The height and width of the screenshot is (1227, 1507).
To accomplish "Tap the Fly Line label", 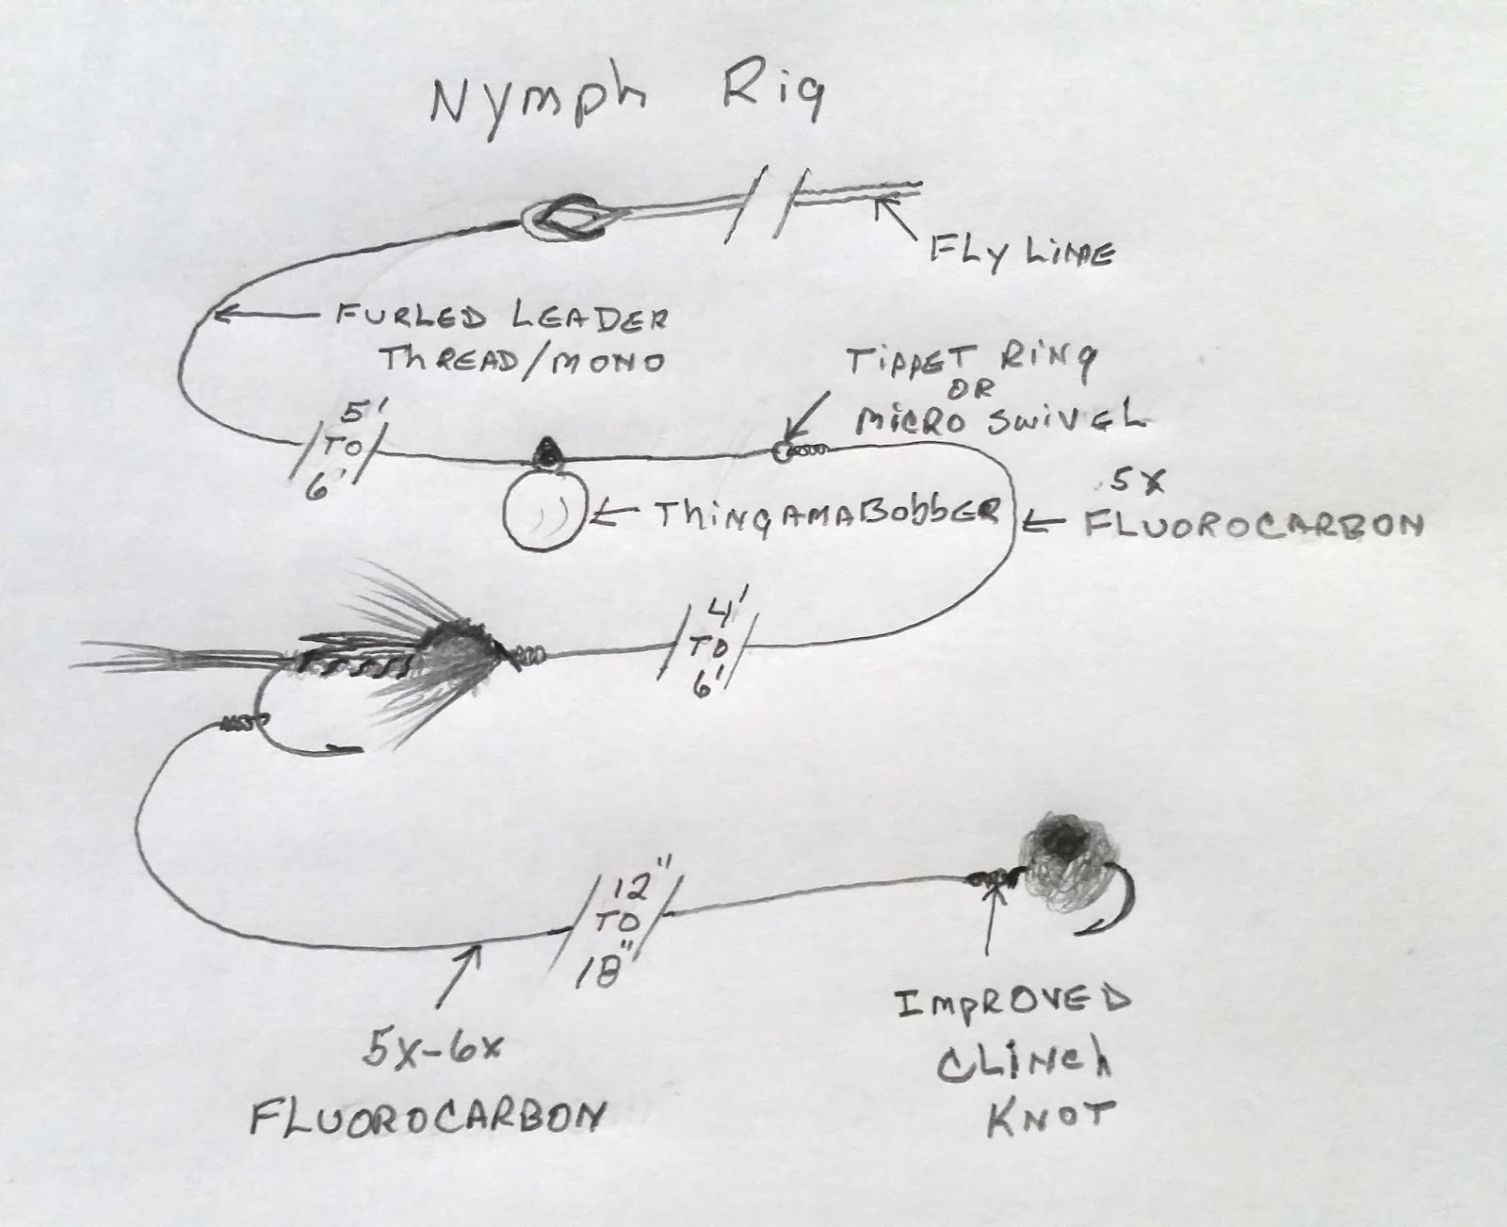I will tap(1020, 253).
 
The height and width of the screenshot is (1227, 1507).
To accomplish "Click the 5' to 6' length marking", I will tap(339, 450).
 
